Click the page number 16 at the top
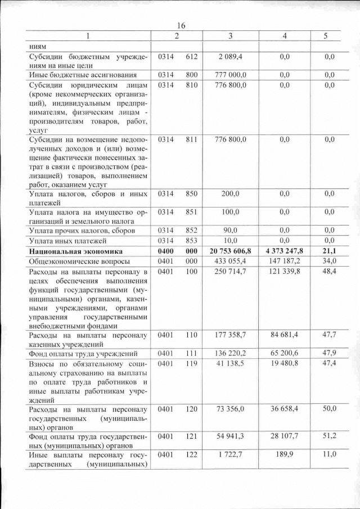pyautogui.click(x=181, y=26)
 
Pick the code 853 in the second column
pyautogui.click(x=191, y=241)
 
